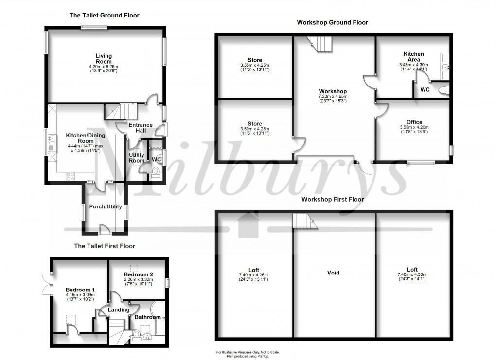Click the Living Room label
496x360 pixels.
(x=104, y=59)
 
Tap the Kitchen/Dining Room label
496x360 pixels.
(x=86, y=138)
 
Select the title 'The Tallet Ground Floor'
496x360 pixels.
(x=105, y=15)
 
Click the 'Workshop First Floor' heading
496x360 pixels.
(x=333, y=200)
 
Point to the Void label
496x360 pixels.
(x=333, y=273)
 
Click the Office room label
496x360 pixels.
(x=414, y=122)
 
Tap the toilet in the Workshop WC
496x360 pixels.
(x=444, y=90)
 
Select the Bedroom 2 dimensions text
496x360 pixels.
(x=138, y=282)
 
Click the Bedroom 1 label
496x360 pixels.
(x=80, y=290)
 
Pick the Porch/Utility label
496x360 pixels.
(x=106, y=206)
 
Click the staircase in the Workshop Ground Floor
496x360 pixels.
(x=320, y=44)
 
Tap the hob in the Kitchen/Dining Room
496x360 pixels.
(x=71, y=177)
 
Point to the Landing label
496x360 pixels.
(x=119, y=310)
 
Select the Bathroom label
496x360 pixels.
(x=148, y=317)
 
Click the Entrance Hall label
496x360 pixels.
(x=141, y=128)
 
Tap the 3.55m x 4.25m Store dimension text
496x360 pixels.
(x=255, y=68)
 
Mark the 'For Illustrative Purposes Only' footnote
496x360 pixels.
(x=248, y=352)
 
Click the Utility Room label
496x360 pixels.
(x=137, y=158)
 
